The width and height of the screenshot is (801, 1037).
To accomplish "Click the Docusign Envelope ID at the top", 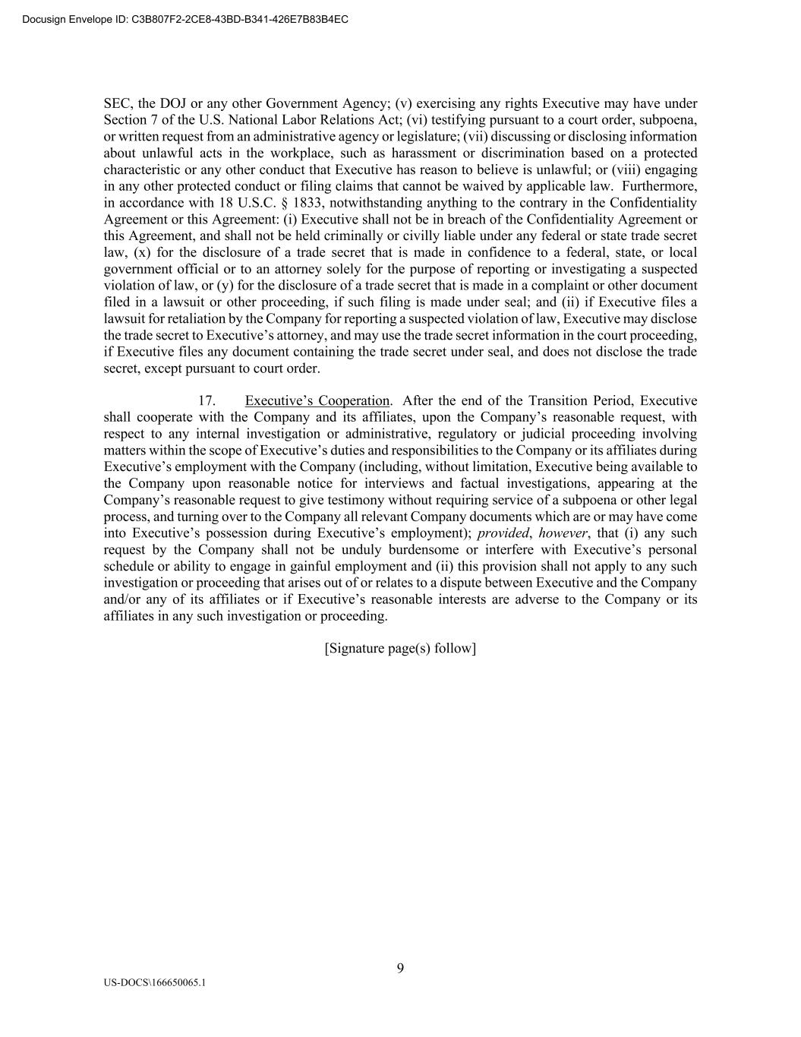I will coord(186,19).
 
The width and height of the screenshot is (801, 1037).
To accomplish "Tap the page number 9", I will coord(400,968).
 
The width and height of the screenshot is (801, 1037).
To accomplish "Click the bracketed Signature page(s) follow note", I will coord(400,648).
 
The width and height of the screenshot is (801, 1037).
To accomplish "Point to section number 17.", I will coord(207,400).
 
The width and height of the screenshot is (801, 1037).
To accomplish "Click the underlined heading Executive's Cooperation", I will coord(317,400).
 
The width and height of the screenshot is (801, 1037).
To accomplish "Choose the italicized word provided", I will coord(502,533).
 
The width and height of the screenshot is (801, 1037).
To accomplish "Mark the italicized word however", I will coord(563,533).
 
